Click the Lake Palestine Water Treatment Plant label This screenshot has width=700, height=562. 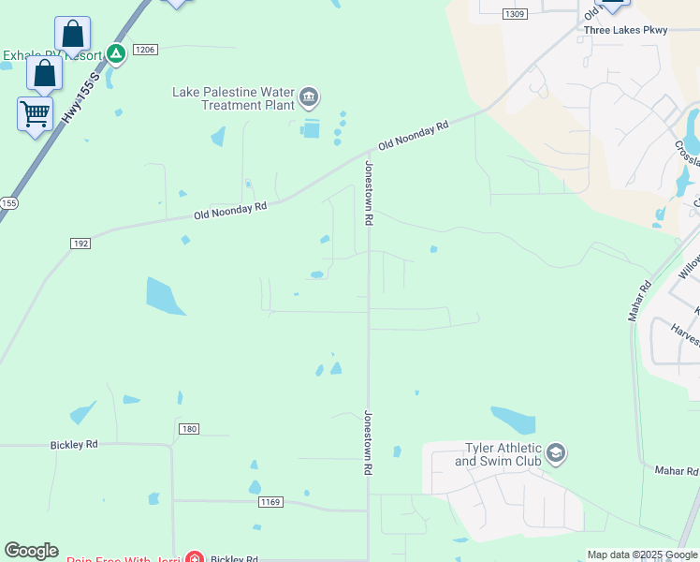tap(233, 97)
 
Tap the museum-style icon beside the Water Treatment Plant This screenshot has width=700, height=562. tap(309, 97)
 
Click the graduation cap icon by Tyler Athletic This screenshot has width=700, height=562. tap(556, 455)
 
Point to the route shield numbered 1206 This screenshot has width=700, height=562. tap(145, 50)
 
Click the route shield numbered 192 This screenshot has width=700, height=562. tap(80, 244)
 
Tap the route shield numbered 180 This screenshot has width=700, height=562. tap(188, 429)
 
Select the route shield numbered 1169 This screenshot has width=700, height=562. tap(270, 502)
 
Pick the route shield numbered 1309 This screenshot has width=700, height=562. tap(514, 14)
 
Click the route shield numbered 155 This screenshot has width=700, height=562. tap(8, 202)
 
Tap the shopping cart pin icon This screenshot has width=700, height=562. tap(36, 114)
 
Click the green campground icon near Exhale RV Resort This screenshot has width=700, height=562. tap(115, 54)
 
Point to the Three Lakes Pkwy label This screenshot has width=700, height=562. tap(625, 30)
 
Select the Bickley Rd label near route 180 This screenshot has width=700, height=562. tap(74, 444)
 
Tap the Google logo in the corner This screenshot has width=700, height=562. tap(31, 551)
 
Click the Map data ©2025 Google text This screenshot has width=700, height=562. tap(642, 555)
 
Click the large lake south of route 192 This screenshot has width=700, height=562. tap(166, 295)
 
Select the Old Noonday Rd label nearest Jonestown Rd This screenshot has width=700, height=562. tap(414, 136)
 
